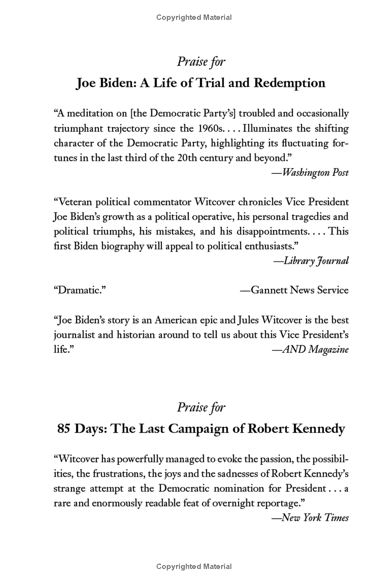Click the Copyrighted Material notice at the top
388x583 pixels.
194,17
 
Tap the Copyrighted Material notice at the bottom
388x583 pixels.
194,566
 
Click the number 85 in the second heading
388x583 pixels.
65,429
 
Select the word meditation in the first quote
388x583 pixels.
96,114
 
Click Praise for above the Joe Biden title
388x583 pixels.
201,62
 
